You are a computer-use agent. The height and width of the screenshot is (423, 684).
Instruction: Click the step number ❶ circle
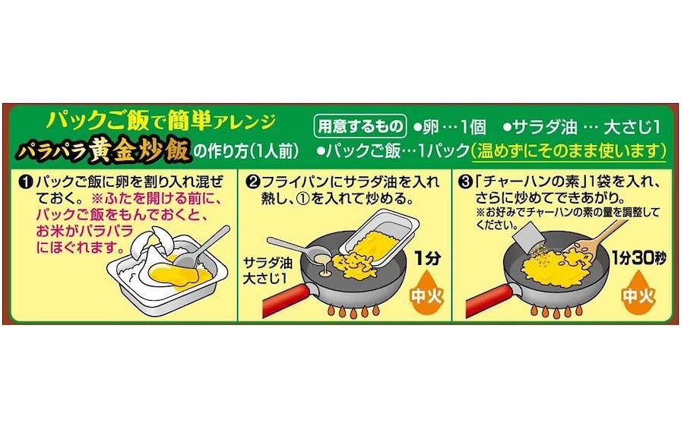pyautogui.click(x=26, y=182)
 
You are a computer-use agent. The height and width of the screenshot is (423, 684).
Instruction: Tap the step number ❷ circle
pyautogui.click(x=253, y=182)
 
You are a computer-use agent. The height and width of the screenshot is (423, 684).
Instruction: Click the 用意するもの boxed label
pyautogui.click(x=360, y=126)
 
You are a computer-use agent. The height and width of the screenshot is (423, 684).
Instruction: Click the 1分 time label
pyautogui.click(x=427, y=258)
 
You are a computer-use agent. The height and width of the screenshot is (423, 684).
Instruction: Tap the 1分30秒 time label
pyautogui.click(x=638, y=258)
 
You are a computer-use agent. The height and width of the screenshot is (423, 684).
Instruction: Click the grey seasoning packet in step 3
pyautogui.click(x=527, y=236)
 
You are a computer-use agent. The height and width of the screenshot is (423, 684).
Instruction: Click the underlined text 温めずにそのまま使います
pyautogui.click(x=568, y=151)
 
